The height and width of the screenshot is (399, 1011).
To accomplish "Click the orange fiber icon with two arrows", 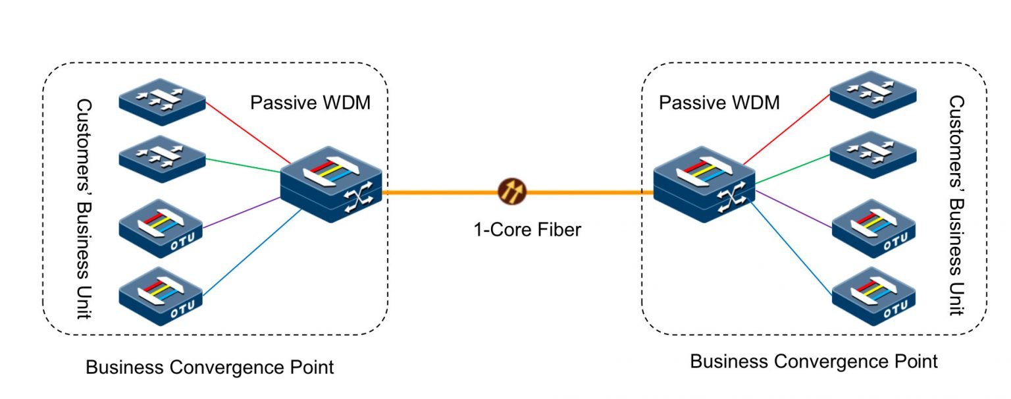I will pos(511,192).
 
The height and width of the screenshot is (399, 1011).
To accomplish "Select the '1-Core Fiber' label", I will pos(529,230).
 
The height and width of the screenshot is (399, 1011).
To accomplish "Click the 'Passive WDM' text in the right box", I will pos(719,103).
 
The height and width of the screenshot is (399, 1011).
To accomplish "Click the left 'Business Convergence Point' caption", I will pos(210,367).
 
